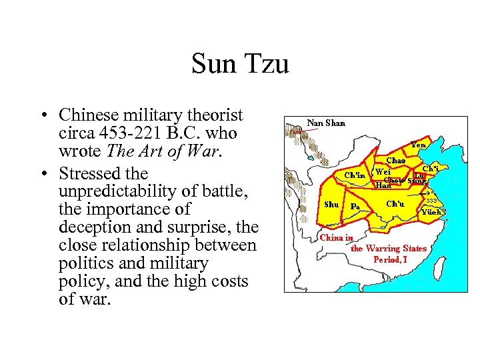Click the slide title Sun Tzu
point(240,65)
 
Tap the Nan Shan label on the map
point(326,123)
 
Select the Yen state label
point(419,145)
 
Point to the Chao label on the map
point(396,160)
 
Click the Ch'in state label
point(355,175)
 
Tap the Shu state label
point(331,204)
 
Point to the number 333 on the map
point(431,201)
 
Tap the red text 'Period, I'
point(389,259)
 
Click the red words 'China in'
point(337,237)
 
